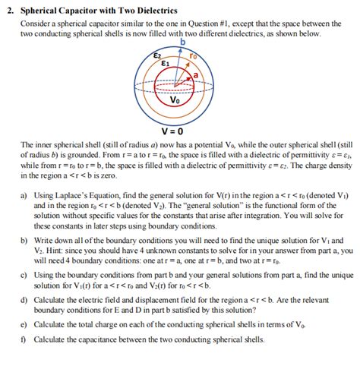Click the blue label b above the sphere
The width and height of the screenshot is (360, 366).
coord(182,44)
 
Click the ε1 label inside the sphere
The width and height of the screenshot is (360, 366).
coord(166,64)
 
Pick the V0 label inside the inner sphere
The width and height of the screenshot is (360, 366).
coord(175,99)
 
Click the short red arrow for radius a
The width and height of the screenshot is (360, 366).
coord(187,79)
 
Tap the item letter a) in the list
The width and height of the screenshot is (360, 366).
coord(24,195)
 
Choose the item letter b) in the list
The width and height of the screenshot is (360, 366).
coord(24,238)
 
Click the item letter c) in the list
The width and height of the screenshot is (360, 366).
coord(24,273)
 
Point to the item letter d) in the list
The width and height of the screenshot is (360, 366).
coord(24,301)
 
